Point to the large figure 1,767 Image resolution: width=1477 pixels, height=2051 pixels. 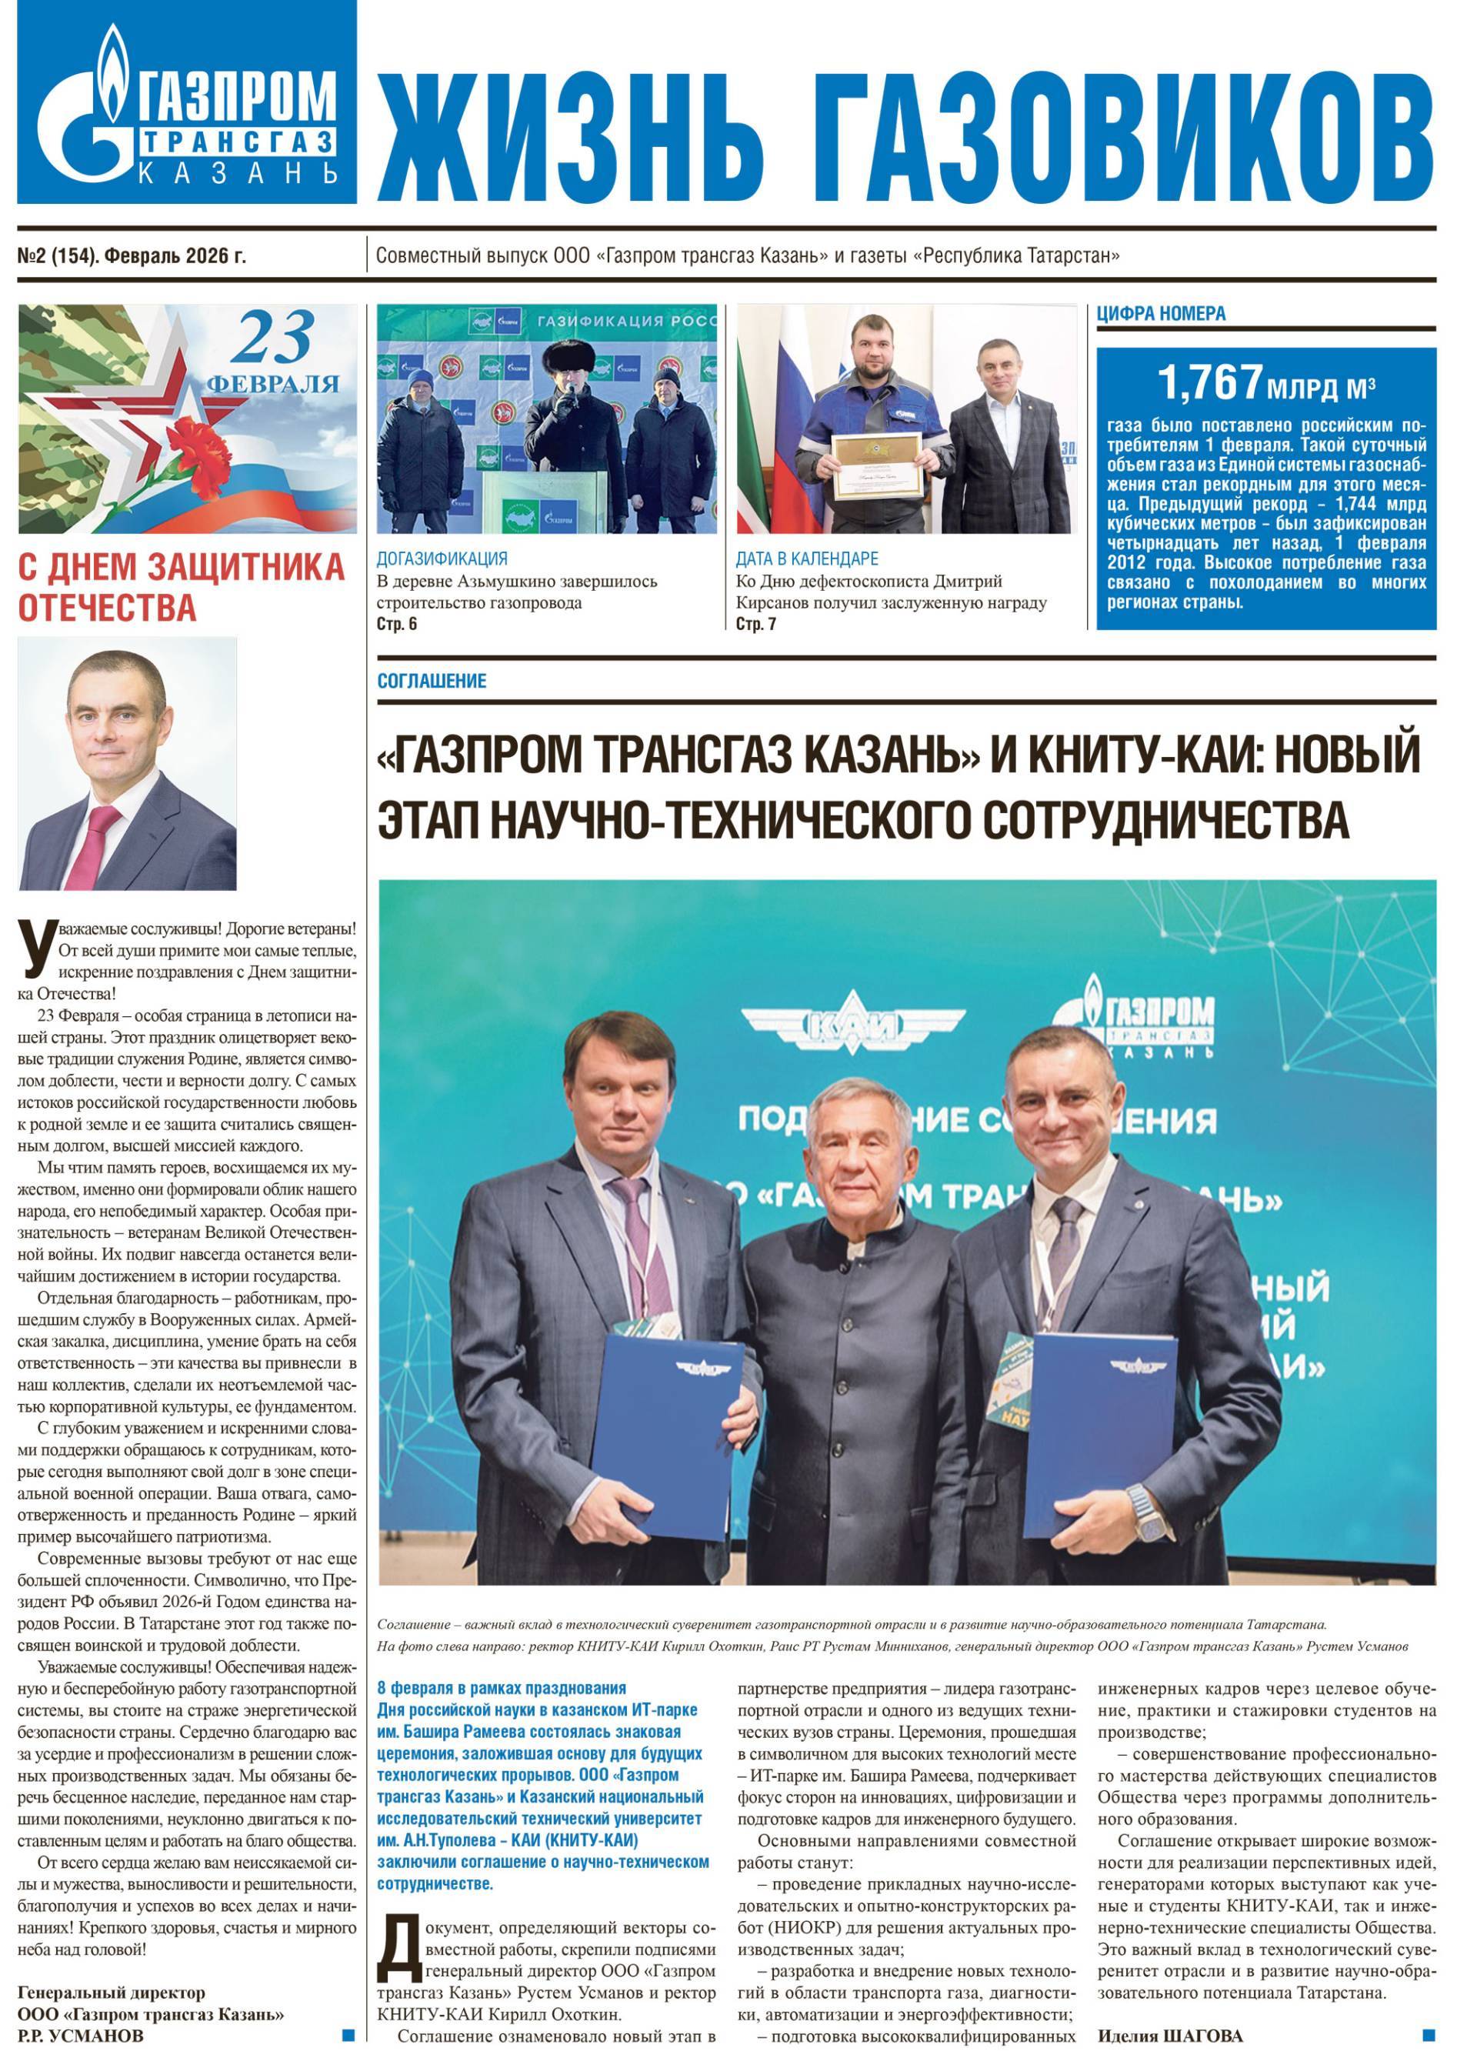point(1209,382)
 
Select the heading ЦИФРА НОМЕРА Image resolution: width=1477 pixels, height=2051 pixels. point(1160,314)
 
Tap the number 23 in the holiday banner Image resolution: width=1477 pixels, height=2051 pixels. point(278,339)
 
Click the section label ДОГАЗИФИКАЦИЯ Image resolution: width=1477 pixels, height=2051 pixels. point(442,558)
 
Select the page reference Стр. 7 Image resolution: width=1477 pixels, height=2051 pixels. point(755,624)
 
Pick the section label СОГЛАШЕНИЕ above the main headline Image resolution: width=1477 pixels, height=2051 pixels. point(432,681)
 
